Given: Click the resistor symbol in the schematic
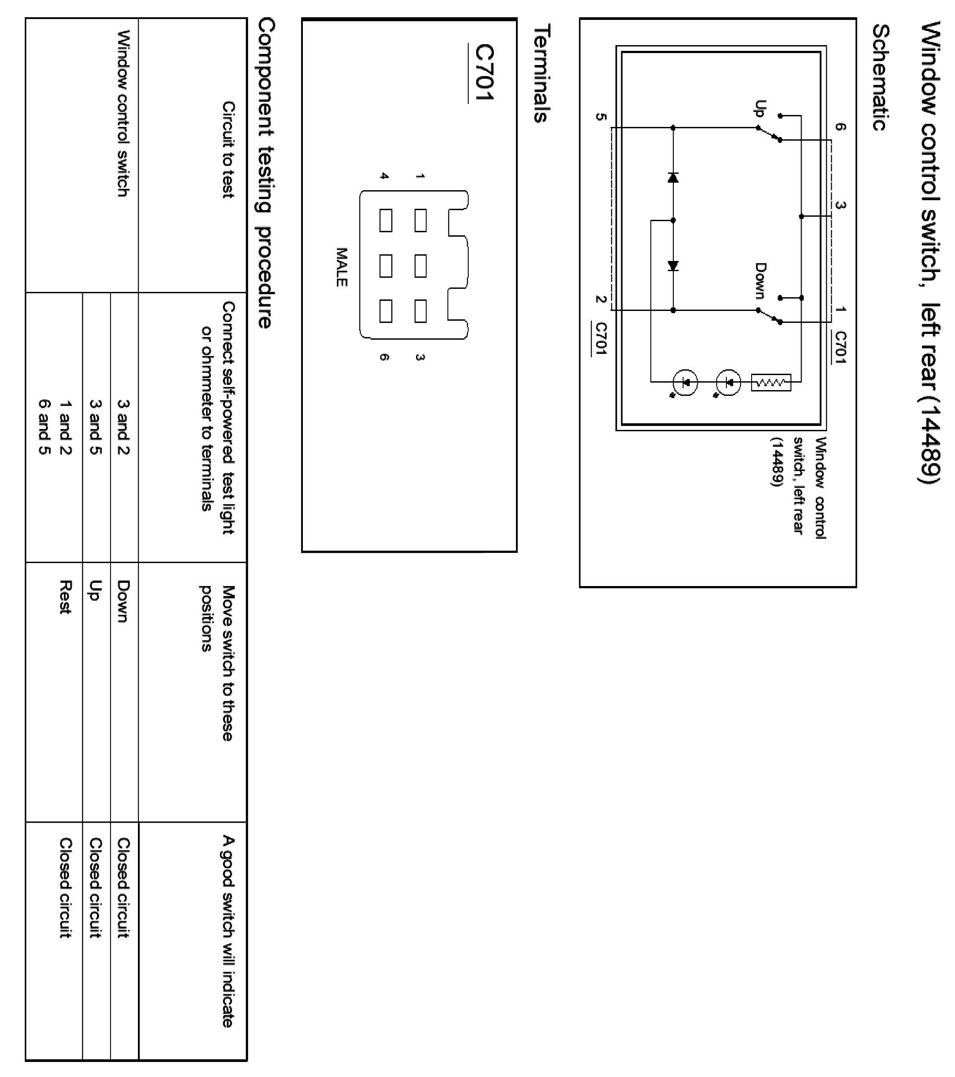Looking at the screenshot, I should (x=771, y=383).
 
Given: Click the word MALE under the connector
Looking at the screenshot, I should (x=342, y=267).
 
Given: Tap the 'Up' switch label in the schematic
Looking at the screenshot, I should (x=759, y=108).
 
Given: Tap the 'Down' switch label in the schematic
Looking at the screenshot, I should (x=760, y=280).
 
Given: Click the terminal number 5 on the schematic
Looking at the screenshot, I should (x=600, y=117).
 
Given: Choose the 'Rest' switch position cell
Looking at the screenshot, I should (x=65, y=597).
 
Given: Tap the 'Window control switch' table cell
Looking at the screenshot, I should (x=123, y=113).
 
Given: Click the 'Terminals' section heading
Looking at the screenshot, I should (x=542, y=74).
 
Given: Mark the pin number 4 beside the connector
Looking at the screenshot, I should (x=385, y=176).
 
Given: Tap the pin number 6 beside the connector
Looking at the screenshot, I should (x=385, y=357).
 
